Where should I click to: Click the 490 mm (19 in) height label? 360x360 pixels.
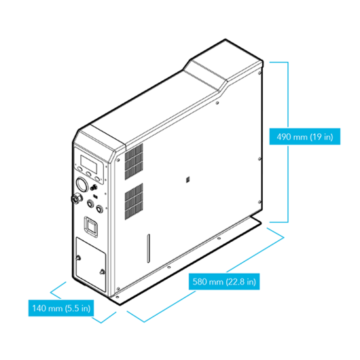click(305, 137)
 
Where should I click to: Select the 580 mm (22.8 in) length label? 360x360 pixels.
click(224, 281)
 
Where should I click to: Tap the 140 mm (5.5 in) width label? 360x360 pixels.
click(61, 308)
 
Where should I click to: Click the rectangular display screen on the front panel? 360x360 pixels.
click(88, 164)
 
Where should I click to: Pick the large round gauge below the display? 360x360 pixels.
click(82, 184)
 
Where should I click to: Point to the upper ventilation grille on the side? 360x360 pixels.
click(134, 162)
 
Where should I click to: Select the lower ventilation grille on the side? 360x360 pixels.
click(134, 201)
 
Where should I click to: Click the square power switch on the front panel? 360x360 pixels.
click(91, 227)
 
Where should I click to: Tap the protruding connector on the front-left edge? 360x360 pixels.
click(76, 198)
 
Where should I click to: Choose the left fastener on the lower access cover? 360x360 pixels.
click(78, 258)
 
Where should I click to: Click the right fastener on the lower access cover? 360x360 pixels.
click(102, 272)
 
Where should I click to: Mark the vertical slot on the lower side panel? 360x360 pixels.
click(149, 249)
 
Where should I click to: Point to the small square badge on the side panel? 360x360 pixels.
click(187, 179)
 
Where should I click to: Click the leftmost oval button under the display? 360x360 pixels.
click(79, 169)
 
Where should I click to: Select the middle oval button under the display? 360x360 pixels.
click(88, 174)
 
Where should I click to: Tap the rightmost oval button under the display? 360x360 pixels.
click(97, 179)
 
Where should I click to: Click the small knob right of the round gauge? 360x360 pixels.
click(93, 187)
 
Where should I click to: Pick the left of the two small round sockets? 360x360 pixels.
click(90, 203)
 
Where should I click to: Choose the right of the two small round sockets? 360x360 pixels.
click(99, 209)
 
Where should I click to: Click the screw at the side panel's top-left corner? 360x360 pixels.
click(118, 160)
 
